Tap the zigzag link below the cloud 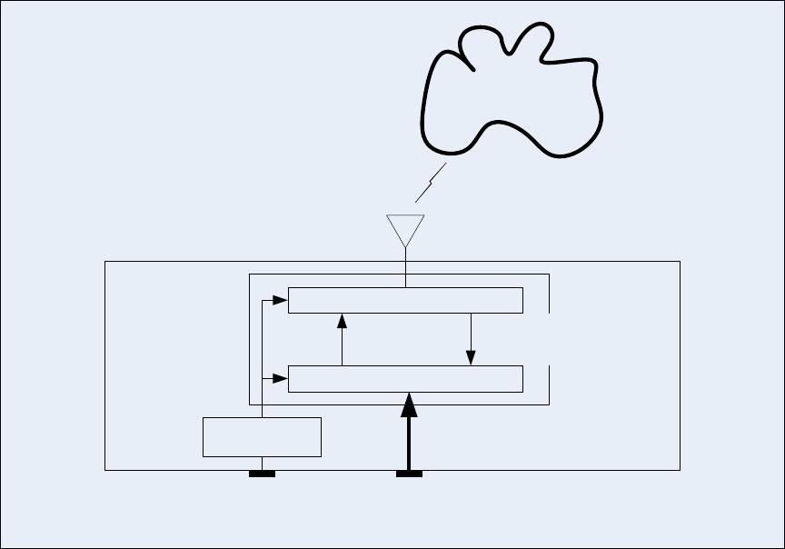[431, 184]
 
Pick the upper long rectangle [405, 300]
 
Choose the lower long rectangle [405, 378]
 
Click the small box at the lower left [262, 436]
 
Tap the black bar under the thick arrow [409, 473]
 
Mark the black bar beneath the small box [262, 473]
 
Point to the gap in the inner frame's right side [549, 338]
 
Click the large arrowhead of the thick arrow [409, 402]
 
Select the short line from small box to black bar [262, 463]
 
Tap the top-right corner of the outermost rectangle [680, 262]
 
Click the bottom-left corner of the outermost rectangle [105, 470]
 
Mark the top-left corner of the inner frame [250, 274]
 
